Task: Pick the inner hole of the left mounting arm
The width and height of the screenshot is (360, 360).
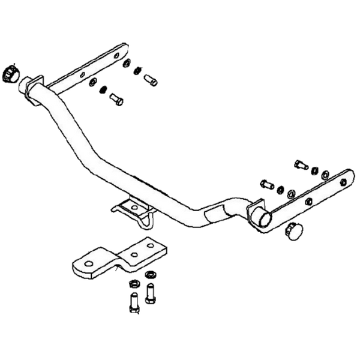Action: (x=82, y=76)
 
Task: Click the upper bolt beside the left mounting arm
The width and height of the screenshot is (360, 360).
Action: (x=149, y=77)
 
